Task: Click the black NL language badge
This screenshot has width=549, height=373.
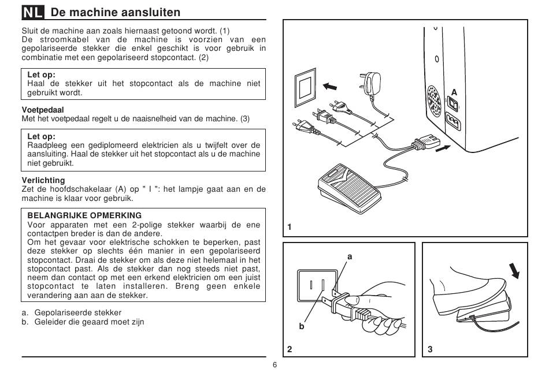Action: [33, 13]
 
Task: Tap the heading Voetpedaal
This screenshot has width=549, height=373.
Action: [43, 110]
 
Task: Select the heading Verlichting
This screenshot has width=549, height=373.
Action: [43, 180]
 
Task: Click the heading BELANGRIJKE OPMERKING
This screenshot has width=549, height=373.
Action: [84, 215]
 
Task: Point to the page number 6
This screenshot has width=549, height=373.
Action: [274, 365]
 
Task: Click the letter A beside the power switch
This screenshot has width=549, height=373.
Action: [454, 92]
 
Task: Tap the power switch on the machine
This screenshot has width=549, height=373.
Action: [452, 105]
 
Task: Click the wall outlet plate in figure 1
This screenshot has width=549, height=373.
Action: [305, 88]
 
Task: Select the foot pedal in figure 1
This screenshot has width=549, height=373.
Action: [348, 188]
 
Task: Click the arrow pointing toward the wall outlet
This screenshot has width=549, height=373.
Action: [330, 85]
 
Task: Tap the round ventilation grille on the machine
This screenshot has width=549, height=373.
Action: [434, 101]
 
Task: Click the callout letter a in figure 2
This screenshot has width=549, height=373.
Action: [350, 257]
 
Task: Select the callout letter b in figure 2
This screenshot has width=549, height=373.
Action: [302, 326]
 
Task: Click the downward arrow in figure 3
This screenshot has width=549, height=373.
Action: [514, 270]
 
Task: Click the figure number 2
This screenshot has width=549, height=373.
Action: [290, 349]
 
